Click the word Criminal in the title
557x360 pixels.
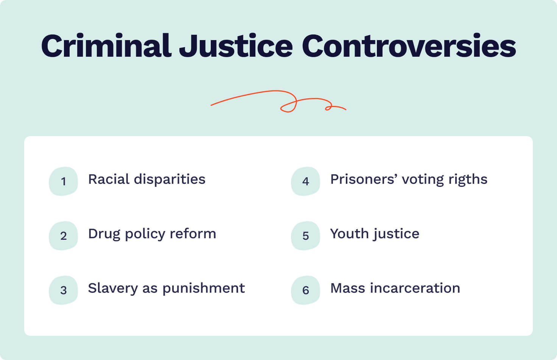coord(106,46)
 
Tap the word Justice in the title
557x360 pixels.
coord(236,46)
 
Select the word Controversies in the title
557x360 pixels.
coord(409,46)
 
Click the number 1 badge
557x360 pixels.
coord(64,181)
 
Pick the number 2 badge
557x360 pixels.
coord(64,236)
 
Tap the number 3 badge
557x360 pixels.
coord(64,290)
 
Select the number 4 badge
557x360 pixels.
coord(306,181)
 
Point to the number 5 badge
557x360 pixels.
coord(306,236)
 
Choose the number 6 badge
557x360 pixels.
coord(306,290)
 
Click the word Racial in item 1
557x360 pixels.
coord(109,179)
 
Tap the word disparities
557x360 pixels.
coord(170,180)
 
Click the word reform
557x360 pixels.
coord(193,234)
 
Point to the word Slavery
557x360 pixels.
coord(113,289)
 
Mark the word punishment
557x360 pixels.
coord(204,289)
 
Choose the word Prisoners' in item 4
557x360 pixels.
coord(364,179)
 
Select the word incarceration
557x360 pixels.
coord(415,288)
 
